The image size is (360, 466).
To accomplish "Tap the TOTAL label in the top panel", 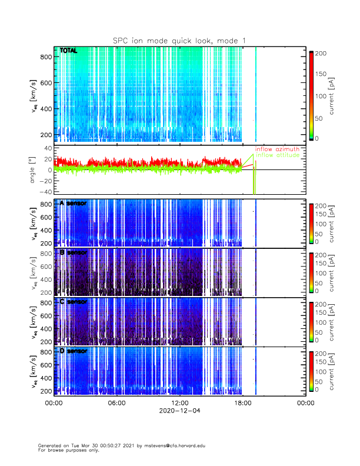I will (x=68, y=51).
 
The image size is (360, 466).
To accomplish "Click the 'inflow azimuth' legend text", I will (x=277, y=149).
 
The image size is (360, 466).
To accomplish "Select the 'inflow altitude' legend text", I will (x=277, y=155).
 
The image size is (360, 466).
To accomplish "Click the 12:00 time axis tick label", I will (x=179, y=403).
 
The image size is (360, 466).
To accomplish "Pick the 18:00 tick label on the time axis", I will (x=242, y=403).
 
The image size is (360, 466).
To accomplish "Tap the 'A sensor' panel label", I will (x=74, y=204).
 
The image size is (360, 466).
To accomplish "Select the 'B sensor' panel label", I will (x=74, y=252).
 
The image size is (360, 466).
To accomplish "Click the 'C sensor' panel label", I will (x=74, y=302).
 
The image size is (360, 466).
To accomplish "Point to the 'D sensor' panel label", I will (x=74, y=351).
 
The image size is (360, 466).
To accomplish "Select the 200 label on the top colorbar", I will (x=320, y=53).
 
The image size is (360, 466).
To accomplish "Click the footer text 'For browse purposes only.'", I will (x=69, y=450).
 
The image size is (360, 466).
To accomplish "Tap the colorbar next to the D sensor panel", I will (x=311, y=371).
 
